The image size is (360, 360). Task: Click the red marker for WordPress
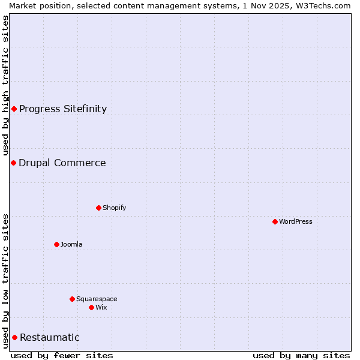[x=275, y=221]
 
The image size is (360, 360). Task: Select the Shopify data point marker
[x=98, y=208]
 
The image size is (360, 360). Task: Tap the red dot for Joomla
[x=56, y=244]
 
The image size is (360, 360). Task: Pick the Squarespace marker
[x=72, y=299]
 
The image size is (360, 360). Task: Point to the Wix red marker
[x=91, y=307]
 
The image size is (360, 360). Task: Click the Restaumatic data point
[x=14, y=337]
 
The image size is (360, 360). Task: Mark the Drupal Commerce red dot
[x=13, y=163]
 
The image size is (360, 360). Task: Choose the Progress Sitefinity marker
[x=14, y=109]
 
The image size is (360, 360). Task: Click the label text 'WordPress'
[x=296, y=221]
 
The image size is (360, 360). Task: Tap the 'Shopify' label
[x=114, y=208]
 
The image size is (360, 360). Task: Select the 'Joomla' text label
[x=71, y=244]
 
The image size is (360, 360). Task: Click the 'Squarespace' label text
[x=97, y=299]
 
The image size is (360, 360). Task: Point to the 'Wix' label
[x=101, y=307]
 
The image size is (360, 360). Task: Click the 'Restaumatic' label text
[x=49, y=337]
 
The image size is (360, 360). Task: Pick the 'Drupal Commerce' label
[x=62, y=163]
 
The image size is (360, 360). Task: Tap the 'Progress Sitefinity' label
[x=63, y=109]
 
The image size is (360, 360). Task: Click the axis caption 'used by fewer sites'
[x=62, y=355]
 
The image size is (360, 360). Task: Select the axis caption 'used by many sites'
[x=301, y=355]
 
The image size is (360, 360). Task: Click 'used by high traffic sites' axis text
[x=5, y=86]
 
